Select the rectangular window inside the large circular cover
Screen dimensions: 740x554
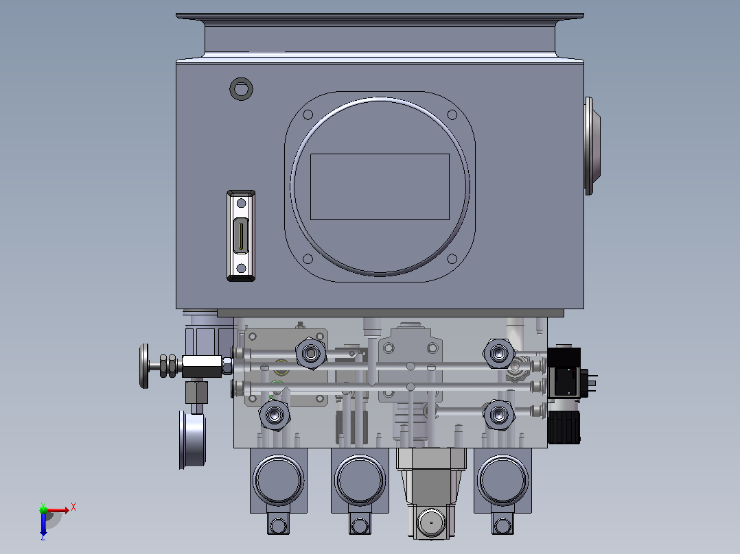(x=380, y=186)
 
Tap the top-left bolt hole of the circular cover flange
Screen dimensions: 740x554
(x=308, y=115)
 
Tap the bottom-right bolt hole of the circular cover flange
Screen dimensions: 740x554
(x=452, y=258)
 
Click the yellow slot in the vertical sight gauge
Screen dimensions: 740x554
(x=241, y=236)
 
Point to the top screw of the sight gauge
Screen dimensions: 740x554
(x=241, y=203)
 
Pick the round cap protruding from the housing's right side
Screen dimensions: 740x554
(x=592, y=146)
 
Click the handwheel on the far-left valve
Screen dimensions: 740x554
(x=144, y=366)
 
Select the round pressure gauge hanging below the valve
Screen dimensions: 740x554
(x=192, y=440)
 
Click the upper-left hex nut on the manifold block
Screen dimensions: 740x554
(x=311, y=353)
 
